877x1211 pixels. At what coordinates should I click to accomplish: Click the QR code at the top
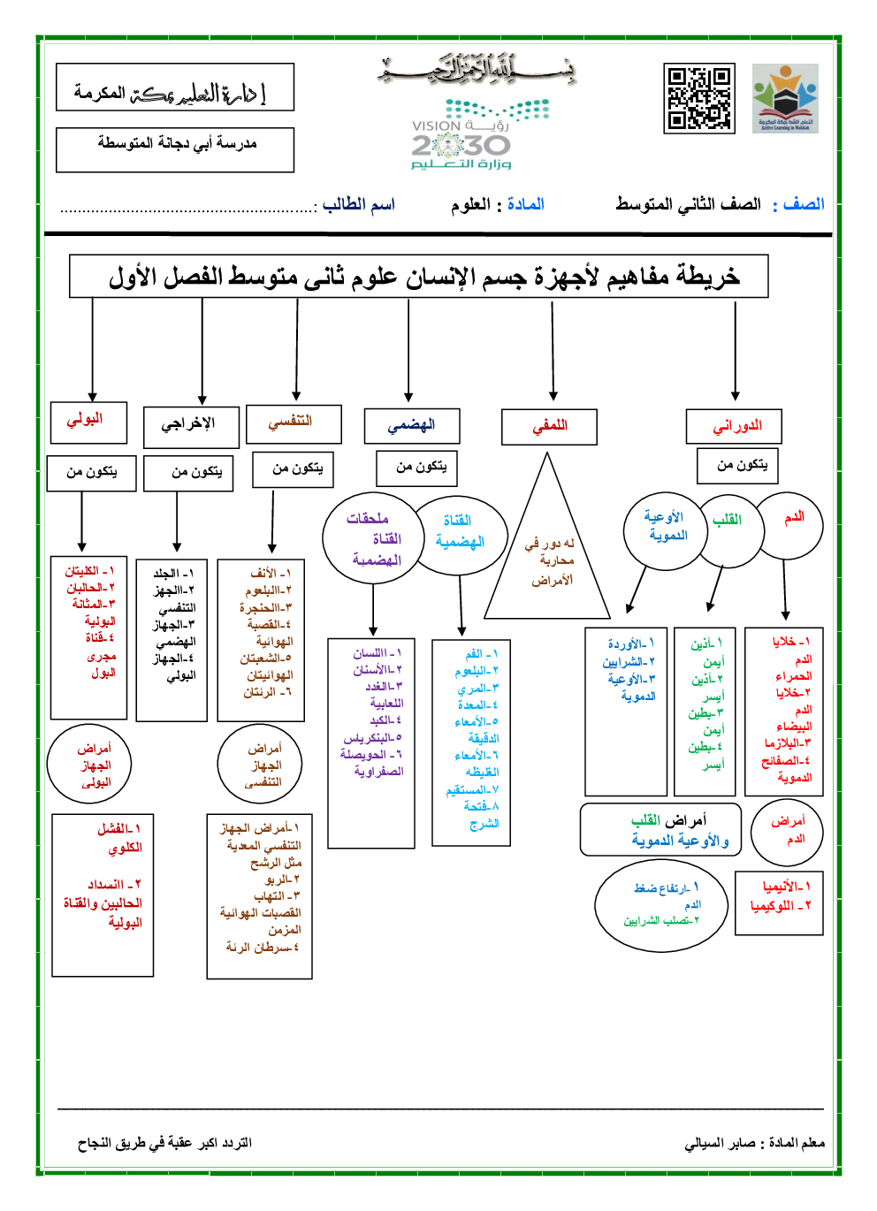coord(698,98)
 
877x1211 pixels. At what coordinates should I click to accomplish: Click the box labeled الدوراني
coord(736,426)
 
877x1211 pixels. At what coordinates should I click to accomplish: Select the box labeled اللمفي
coord(549,426)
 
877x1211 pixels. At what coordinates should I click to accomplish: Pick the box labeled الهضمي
coord(412,425)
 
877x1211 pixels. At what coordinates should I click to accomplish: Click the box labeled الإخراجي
coord(191,426)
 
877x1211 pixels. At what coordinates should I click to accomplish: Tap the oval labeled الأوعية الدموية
coord(665,529)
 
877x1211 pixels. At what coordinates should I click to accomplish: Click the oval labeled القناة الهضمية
coord(459,532)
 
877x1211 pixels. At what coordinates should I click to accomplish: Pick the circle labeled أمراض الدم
coord(786,831)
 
